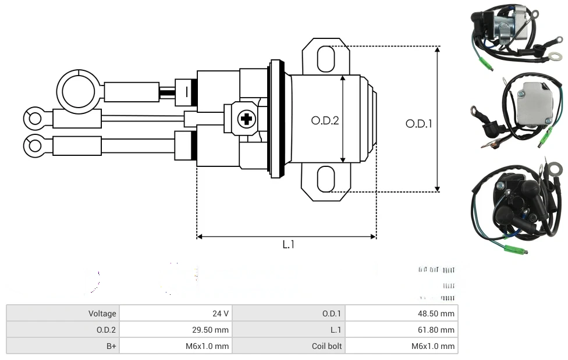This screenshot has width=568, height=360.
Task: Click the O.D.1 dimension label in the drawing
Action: click(418, 123)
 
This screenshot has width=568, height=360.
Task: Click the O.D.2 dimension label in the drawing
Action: click(324, 120)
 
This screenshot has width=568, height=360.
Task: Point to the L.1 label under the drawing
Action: click(289, 245)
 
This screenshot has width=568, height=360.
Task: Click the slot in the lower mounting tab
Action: click(326, 179)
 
